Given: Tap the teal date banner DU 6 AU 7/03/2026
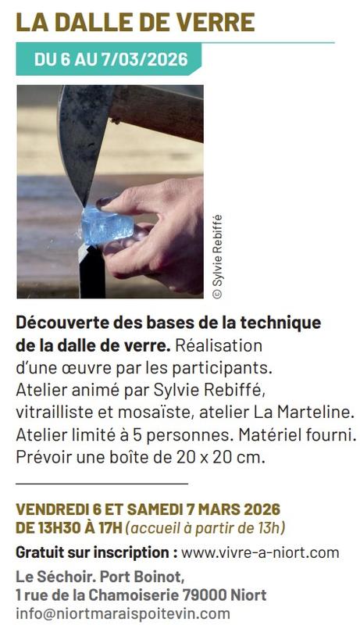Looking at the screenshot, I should coord(109,59).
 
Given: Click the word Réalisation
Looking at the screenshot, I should coord(219,344).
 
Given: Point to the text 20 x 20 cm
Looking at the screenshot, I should coord(222,456).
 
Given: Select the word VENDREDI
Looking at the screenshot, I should coord(50,509).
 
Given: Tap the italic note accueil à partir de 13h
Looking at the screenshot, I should coord(207,528).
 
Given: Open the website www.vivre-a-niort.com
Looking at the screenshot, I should coord(260,553).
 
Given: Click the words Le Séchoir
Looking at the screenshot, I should coord(50,577).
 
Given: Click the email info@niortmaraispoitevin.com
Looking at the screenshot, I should coord(123,614).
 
